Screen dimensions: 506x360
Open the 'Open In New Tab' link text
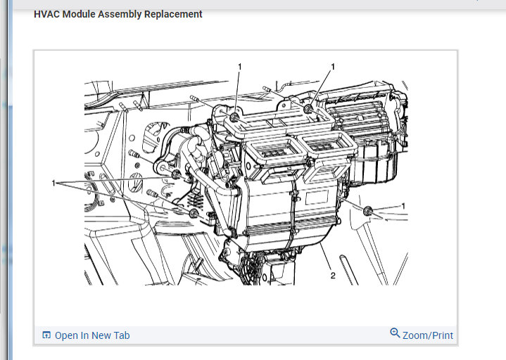[x=92, y=335]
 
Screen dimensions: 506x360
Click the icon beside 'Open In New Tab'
[x=46, y=335]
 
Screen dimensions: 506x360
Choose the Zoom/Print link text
[x=428, y=335]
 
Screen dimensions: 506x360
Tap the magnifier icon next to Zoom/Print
[x=395, y=333]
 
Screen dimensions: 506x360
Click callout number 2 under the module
[x=333, y=276]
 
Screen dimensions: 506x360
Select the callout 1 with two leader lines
[x=53, y=183]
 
